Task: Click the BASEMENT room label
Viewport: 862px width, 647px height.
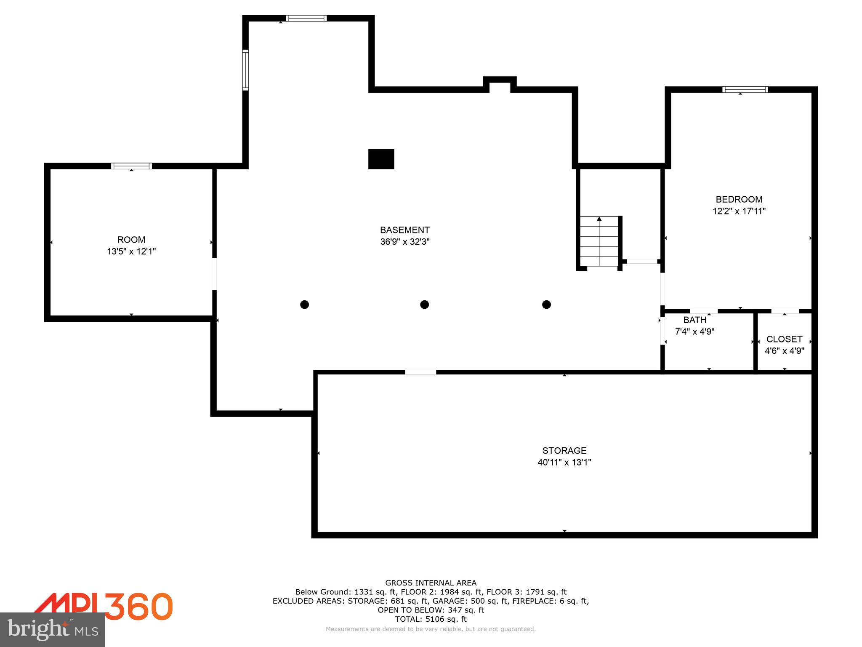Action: [x=404, y=230]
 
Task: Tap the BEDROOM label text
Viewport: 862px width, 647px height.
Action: [x=739, y=199]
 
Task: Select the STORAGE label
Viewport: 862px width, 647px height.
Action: [x=564, y=450]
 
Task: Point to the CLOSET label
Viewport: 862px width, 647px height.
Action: [x=784, y=339]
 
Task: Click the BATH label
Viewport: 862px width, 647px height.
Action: [x=694, y=320]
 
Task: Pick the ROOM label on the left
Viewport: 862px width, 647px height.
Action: [x=131, y=240]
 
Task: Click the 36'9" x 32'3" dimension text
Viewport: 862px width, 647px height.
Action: [x=404, y=242]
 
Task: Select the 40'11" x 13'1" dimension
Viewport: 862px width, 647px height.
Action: [x=564, y=462]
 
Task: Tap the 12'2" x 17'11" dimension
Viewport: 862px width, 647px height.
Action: [x=739, y=211]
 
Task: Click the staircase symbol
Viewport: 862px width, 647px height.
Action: [x=599, y=242]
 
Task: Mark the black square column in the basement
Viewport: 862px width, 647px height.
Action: [x=381, y=159]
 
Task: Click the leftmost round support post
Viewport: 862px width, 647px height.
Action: [x=304, y=304]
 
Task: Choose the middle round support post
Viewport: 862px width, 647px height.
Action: [x=424, y=304]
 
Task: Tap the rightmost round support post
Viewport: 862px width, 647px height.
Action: [x=546, y=304]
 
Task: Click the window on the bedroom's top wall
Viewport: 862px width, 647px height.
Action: [x=745, y=89]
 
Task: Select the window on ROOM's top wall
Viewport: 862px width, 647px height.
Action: [x=131, y=166]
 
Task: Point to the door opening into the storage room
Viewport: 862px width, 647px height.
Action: [x=420, y=372]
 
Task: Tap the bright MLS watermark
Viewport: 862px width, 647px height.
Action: [x=53, y=630]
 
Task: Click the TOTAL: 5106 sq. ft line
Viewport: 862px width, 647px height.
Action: [x=431, y=619]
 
